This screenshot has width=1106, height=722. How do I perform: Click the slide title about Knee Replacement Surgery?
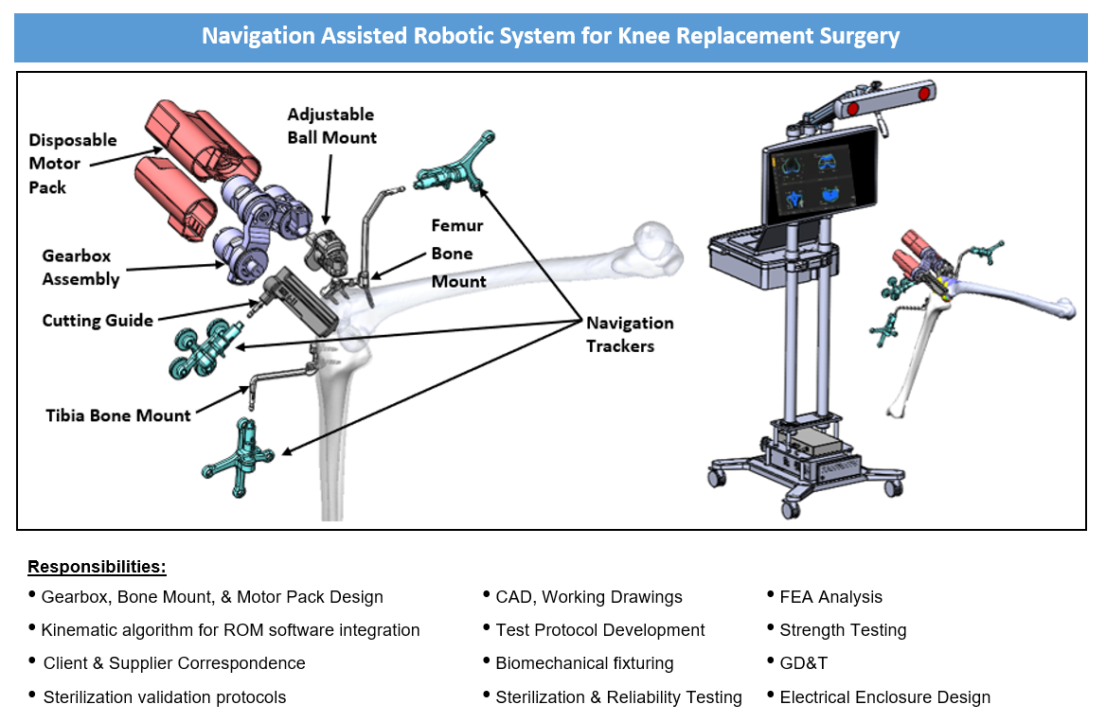pos(550,37)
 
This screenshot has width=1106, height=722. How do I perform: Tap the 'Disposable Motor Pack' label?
pos(73,163)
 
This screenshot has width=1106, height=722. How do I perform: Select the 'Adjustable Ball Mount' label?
pos(331,126)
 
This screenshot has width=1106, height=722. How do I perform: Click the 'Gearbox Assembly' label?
pos(80,267)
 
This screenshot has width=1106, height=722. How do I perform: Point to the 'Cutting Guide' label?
pos(98,320)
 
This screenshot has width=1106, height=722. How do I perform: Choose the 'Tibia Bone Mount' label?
pos(118,414)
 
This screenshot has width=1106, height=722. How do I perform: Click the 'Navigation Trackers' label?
pos(630,334)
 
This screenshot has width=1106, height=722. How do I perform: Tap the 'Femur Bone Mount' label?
pos(458,254)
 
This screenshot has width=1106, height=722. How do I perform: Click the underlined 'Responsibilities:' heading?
pos(97,567)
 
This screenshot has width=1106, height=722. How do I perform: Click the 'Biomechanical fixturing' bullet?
pos(584,663)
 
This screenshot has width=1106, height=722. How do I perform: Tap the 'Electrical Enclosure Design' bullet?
pos(884,697)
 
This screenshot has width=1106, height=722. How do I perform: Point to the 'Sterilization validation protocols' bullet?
pos(164,697)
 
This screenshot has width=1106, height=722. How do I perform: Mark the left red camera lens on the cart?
pos(852,109)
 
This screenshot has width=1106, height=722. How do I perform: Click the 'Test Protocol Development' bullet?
pos(599,630)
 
